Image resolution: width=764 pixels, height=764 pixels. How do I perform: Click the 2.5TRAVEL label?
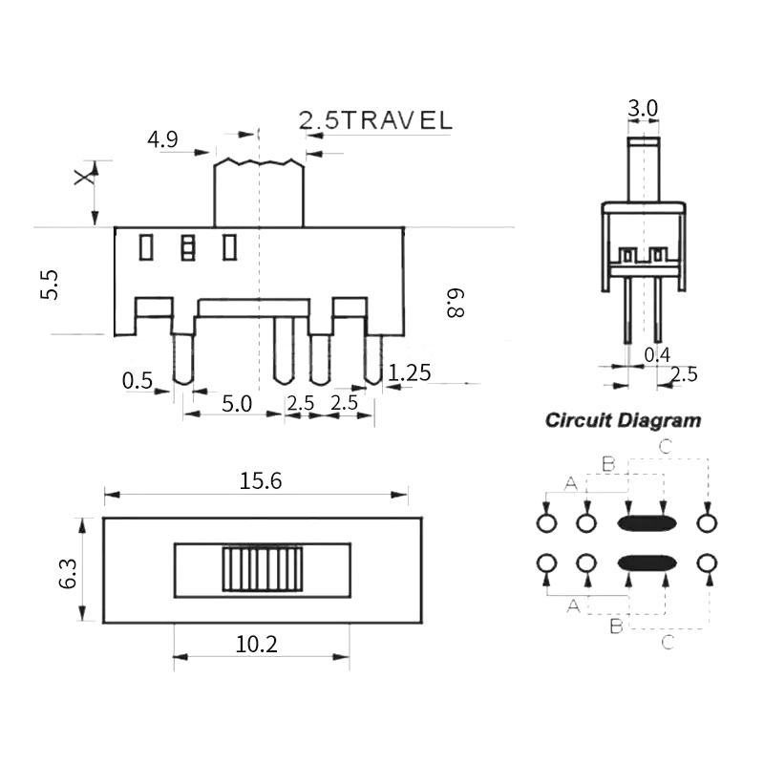point(375,120)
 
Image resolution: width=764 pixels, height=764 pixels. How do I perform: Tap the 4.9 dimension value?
point(162,140)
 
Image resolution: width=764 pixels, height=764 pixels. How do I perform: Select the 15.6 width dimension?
point(261,481)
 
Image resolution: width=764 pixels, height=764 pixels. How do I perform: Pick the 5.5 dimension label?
point(50,286)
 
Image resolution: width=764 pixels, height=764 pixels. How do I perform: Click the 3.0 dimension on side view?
point(643,109)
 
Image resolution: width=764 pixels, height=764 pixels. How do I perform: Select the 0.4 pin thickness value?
point(656,355)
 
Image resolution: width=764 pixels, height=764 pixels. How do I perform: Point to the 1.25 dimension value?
point(410,371)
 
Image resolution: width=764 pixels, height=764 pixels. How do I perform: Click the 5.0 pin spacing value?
point(236,403)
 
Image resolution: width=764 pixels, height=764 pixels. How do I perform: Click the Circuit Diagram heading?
point(623,420)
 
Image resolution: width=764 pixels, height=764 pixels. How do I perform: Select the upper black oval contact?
point(647,522)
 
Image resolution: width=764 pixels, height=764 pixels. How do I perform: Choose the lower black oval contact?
point(647,562)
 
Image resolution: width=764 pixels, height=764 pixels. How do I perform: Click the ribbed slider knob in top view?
point(262,569)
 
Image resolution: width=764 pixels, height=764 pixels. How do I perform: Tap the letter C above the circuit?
point(666,446)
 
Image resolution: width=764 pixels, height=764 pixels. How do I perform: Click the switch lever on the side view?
point(644,169)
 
